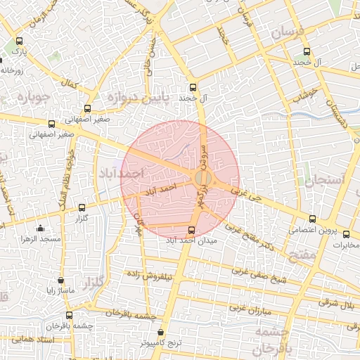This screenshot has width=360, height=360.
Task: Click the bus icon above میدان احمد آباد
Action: [192, 230]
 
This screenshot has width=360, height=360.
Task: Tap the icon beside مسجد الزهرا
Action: [40, 228]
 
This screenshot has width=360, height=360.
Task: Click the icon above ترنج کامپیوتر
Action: [161, 332]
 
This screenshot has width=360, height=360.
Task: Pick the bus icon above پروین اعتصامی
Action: [313, 219]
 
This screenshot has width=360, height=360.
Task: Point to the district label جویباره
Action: [31, 96]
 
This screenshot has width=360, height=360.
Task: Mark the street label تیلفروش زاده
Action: [148, 274]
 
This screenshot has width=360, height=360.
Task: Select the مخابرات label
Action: [345, 245]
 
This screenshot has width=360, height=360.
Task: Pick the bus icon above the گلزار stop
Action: [82, 207]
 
